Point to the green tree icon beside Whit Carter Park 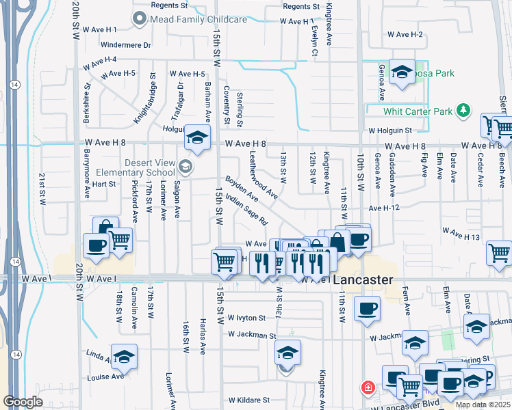coord(463,110)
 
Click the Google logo coord(23,402)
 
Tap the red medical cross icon coord(368,387)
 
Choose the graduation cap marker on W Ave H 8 coord(197,138)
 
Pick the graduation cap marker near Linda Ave coord(124,356)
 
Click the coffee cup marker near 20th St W coord(96,246)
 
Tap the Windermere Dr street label coord(125,45)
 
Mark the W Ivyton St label coord(246,318)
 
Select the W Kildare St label coord(249,400)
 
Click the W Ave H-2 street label coord(405,34)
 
